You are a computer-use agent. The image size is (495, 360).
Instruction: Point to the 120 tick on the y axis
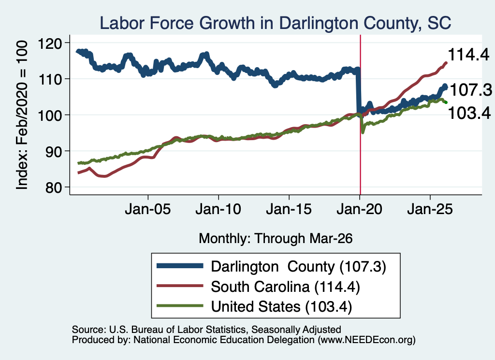pyautogui.click(x=50, y=43)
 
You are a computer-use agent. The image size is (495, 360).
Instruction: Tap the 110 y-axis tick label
pyautogui.click(x=50, y=79)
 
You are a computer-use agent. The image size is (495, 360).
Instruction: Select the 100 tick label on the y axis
pyautogui.click(x=50, y=115)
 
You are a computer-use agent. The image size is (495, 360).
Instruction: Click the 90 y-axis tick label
pyautogui.click(x=54, y=151)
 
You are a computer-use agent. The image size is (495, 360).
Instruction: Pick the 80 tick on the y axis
pyautogui.click(x=54, y=187)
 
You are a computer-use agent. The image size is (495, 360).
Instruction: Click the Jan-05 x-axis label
pyautogui.click(x=148, y=209)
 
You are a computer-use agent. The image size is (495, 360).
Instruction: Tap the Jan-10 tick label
pyautogui.click(x=218, y=209)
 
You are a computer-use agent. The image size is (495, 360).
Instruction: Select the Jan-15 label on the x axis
pyautogui.click(x=289, y=209)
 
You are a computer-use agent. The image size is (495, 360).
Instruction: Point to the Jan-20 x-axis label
pyautogui.click(x=360, y=209)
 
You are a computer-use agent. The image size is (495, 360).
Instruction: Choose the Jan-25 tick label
pyautogui.click(x=430, y=209)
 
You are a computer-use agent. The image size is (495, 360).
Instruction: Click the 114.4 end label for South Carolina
pyautogui.click(x=468, y=55)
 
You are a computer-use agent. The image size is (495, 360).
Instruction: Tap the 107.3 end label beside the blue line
pyautogui.click(x=470, y=90)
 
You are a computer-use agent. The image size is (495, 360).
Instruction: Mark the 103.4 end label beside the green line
pyautogui.click(x=469, y=113)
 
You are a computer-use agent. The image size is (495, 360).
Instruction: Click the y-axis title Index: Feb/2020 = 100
pyautogui.click(x=22, y=115)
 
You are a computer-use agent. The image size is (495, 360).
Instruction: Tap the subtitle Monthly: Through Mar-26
pyautogui.click(x=276, y=239)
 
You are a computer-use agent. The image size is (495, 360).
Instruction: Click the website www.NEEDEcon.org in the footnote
pyautogui.click(x=366, y=340)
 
